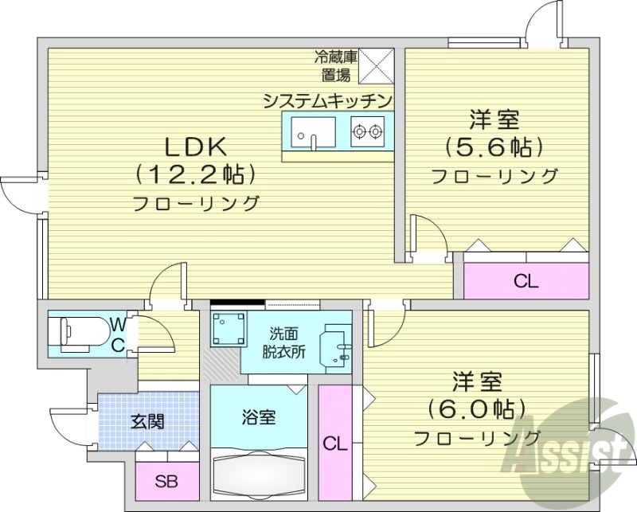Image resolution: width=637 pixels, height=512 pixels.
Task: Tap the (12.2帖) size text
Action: point(196,174)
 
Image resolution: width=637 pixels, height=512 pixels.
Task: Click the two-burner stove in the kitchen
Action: point(368,130)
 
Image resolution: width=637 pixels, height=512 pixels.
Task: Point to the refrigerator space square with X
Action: point(377,64)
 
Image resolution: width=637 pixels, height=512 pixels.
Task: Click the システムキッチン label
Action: point(328,100)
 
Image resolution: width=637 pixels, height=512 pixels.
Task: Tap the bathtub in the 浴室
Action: point(259,475)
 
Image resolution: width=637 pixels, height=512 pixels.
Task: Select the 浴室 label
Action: point(259,416)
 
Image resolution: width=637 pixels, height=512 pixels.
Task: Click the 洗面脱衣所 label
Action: point(285,345)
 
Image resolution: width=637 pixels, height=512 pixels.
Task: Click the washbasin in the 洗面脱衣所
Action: point(334,348)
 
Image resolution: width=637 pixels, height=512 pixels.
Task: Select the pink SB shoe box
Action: point(166,481)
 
